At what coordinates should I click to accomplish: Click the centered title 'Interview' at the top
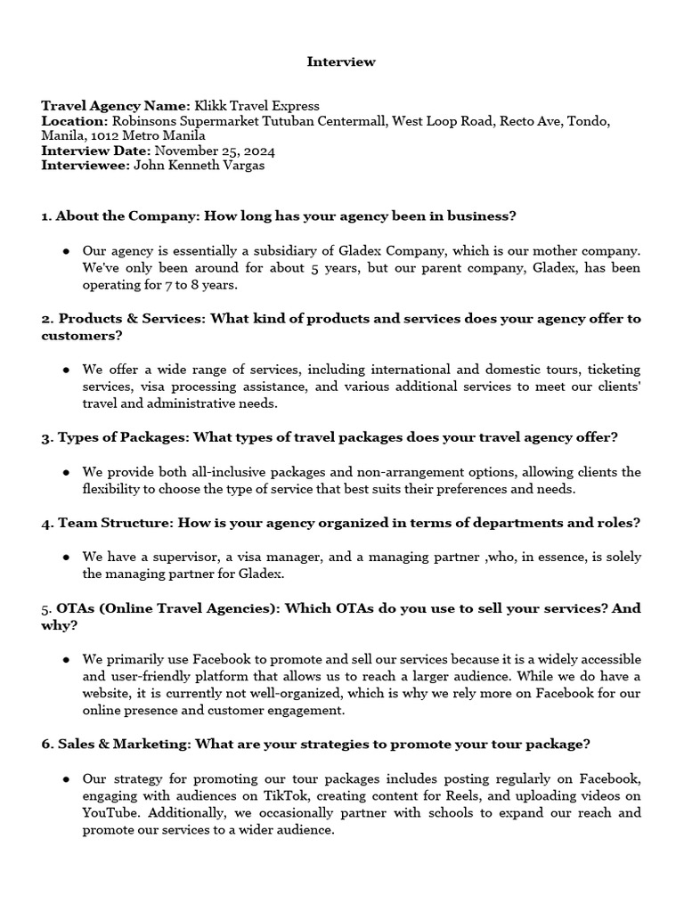341,61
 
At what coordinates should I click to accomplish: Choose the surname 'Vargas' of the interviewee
241,165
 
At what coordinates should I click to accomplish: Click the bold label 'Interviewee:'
85,165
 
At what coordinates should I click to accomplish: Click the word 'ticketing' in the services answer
612,370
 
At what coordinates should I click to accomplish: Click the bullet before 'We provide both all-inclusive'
67,472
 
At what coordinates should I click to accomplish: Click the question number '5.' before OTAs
46,608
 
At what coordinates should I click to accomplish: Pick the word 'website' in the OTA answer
108,694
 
